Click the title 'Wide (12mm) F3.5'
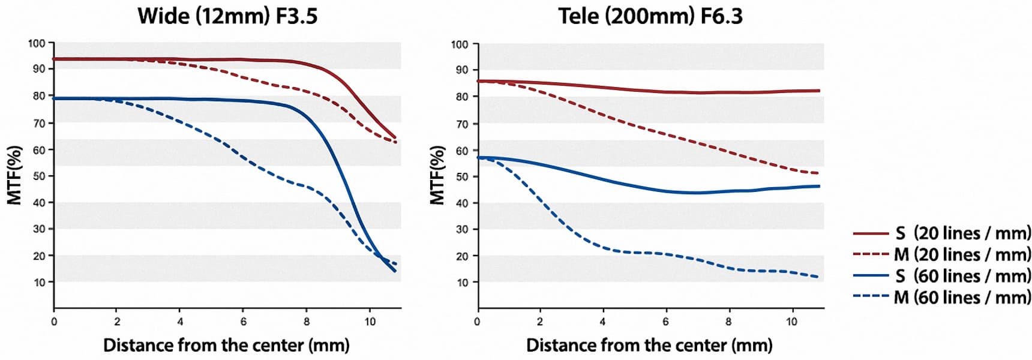tap(227, 16)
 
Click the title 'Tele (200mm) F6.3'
tap(650, 16)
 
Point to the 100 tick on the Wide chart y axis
tap(37, 43)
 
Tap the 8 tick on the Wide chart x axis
tap(307, 322)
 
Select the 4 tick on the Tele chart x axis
tap(602, 322)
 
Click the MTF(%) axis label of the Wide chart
tap(14, 175)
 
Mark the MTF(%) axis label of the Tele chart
tap(438, 175)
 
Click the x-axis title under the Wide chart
tap(226, 345)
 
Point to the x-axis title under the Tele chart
tap(649, 345)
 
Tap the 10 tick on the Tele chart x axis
tap(791, 322)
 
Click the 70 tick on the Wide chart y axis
tap(38, 123)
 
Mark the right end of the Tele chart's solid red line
tap(819, 91)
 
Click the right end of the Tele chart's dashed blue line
tap(818, 277)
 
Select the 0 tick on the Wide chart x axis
tap(54, 322)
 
